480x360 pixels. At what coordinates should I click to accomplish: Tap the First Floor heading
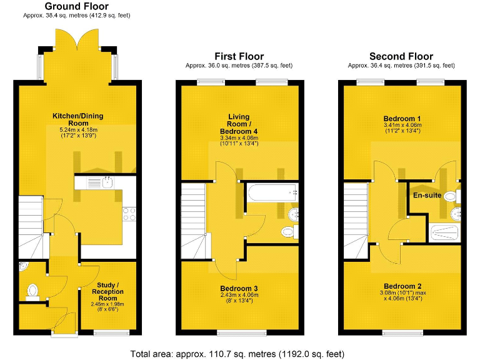coord(239,56)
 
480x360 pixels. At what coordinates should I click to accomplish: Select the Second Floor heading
coord(401,56)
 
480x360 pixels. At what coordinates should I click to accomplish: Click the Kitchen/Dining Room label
coord(78,119)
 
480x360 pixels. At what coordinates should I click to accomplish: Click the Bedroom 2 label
coord(401,287)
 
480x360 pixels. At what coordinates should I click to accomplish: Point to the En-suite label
coord(427,196)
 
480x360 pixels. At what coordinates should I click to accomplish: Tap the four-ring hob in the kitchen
coord(130,214)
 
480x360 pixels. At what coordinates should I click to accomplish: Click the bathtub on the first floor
coord(271,193)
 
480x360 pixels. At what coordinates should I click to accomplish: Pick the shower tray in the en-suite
coord(446,233)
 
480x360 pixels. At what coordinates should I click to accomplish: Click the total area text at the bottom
coord(237,354)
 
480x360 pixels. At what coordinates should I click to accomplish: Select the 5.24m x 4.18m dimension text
coord(78,129)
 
